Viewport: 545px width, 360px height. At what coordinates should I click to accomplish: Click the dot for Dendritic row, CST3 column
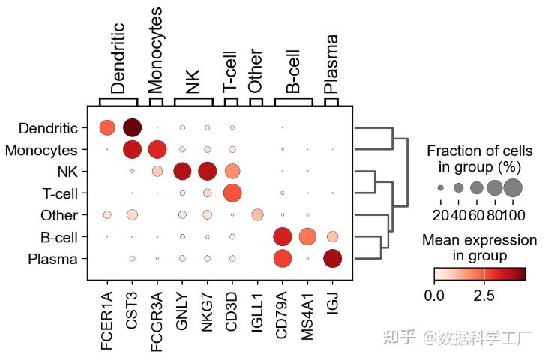[132, 128]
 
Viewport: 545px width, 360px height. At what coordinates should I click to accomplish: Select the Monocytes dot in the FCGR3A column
[157, 150]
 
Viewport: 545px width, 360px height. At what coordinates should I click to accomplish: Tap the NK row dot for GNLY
[182, 172]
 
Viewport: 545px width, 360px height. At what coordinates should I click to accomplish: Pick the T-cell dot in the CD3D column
[232, 193]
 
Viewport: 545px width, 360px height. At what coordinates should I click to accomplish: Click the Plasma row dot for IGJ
[332, 259]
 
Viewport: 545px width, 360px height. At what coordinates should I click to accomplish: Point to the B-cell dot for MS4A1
[307, 237]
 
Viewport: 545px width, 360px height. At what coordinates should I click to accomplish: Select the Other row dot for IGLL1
[257, 215]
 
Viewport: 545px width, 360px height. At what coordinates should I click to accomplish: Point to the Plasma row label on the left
[58, 259]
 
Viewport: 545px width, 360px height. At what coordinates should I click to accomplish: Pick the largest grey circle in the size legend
[513, 187]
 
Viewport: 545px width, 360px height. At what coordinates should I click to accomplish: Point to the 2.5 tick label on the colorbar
[484, 295]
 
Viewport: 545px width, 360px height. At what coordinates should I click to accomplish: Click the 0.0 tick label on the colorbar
[434, 295]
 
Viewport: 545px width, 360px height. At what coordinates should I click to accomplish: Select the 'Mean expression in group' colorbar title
[480, 248]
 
